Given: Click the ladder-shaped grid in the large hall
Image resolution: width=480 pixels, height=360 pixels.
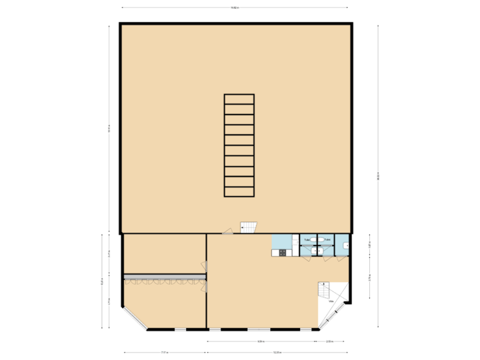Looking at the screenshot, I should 239,145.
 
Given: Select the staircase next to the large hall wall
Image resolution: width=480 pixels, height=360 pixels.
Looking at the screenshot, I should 248,227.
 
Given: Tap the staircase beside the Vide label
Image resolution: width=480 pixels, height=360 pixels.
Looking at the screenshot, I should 324,291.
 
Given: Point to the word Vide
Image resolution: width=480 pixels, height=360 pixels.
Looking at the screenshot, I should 331,301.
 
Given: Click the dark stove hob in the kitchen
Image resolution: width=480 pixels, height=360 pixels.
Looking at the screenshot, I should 283,252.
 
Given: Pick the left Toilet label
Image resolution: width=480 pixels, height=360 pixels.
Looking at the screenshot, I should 307,239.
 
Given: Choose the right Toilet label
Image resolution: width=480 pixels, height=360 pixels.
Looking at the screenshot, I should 327,239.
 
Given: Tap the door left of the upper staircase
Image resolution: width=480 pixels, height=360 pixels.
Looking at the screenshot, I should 228,231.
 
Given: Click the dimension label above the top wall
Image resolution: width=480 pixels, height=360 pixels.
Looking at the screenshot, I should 235,8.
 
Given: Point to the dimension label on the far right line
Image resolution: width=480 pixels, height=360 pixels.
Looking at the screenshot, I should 378,176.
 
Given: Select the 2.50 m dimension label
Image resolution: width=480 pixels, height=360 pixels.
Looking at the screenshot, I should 329,342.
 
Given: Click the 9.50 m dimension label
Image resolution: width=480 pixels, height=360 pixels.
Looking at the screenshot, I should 262,342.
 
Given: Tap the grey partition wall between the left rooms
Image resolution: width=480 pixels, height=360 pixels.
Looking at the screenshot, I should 164,275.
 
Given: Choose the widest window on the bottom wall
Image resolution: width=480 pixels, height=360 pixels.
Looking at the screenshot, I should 258,329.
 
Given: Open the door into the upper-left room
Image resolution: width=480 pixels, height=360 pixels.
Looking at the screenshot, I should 206,266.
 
